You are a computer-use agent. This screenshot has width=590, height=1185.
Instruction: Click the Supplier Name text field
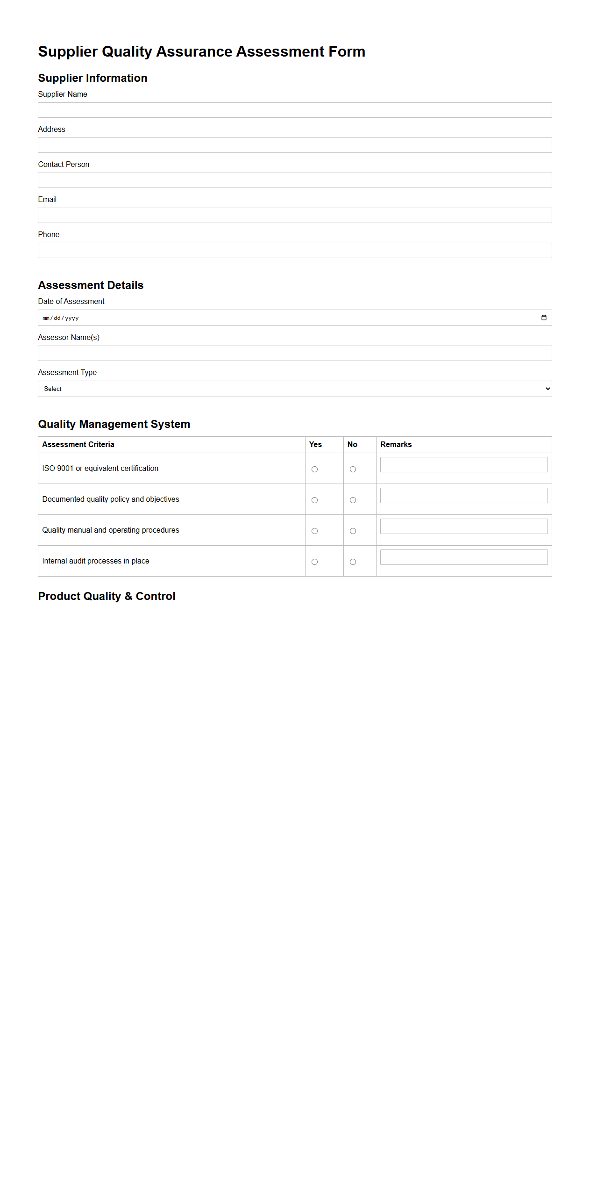pyautogui.click(x=295, y=110)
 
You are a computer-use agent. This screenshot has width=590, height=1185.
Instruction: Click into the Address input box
pyautogui.click(x=295, y=145)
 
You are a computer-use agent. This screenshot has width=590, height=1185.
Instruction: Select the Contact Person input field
pyautogui.click(x=295, y=181)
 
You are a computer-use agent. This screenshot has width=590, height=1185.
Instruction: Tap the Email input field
pyautogui.click(x=295, y=216)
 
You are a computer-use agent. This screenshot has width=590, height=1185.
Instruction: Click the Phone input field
pyautogui.click(x=295, y=251)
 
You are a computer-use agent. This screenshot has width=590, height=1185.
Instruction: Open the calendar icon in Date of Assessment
pyautogui.click(x=544, y=318)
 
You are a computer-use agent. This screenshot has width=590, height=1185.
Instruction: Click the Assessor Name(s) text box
pyautogui.click(x=295, y=354)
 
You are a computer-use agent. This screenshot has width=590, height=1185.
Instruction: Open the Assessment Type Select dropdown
pyautogui.click(x=295, y=389)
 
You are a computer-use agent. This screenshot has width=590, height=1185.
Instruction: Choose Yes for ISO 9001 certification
pyautogui.click(x=314, y=470)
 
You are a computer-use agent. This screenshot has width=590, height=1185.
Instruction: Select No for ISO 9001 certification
pyautogui.click(x=353, y=470)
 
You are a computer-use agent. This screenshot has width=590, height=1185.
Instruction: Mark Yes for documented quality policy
pyautogui.click(x=314, y=500)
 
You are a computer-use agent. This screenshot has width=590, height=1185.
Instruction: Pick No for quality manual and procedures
pyautogui.click(x=353, y=531)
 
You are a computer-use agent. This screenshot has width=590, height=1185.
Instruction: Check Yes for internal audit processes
pyautogui.click(x=314, y=562)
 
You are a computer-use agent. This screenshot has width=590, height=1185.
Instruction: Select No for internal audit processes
pyautogui.click(x=353, y=562)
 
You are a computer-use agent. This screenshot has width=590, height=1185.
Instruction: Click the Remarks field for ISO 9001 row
pyautogui.click(x=463, y=465)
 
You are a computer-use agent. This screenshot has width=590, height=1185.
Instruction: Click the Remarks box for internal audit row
pyautogui.click(x=463, y=557)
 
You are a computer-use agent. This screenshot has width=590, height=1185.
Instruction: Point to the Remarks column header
pyautogui.click(x=396, y=445)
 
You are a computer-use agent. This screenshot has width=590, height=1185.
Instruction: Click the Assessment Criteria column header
pyautogui.click(x=78, y=445)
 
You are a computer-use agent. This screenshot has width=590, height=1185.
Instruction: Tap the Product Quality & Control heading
pyautogui.click(x=107, y=596)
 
